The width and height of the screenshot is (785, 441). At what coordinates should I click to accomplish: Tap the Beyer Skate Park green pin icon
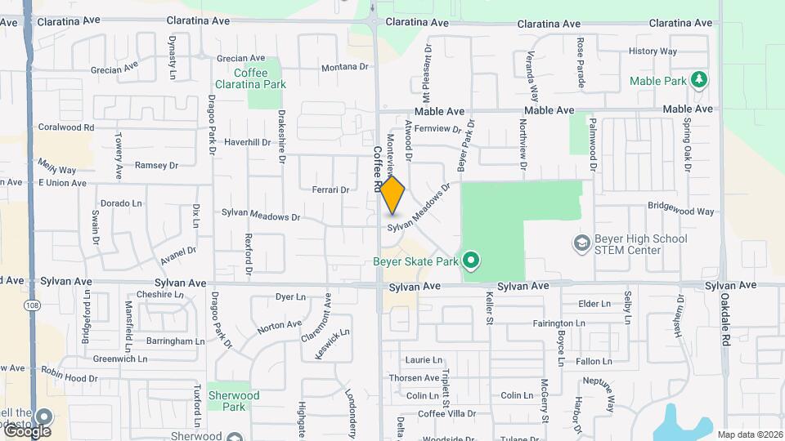(x=470, y=261)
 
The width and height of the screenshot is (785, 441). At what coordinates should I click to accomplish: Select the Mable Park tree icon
(x=698, y=79)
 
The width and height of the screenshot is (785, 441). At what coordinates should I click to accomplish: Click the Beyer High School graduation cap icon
(x=581, y=243)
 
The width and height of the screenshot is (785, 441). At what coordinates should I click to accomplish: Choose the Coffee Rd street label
(x=378, y=169)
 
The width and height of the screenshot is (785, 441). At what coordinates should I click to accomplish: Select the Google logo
(x=26, y=430)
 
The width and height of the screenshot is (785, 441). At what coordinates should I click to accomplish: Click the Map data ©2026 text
(x=749, y=434)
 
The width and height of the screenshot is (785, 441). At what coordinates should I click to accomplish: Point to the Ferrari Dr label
(x=330, y=189)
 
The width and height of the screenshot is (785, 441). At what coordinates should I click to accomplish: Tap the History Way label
(x=653, y=51)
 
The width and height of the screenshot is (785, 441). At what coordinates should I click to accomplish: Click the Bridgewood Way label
(x=681, y=211)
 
